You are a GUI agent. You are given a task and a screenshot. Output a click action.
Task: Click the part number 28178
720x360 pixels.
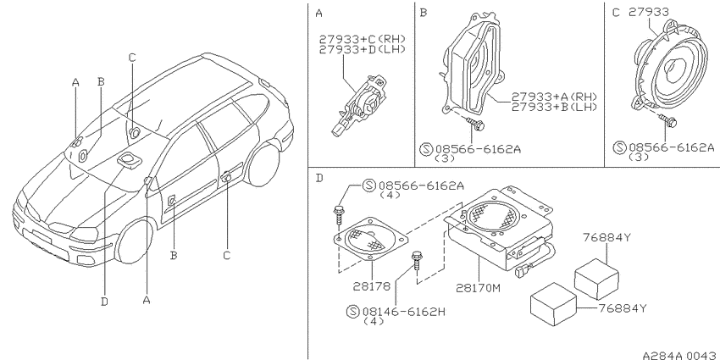372,286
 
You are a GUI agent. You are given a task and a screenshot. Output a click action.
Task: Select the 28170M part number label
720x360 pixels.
478,288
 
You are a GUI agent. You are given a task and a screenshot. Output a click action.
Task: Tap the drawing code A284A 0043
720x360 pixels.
680,356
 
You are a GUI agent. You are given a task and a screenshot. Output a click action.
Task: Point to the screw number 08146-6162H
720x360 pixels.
403,312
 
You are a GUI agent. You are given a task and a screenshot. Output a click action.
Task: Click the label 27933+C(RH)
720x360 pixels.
363,39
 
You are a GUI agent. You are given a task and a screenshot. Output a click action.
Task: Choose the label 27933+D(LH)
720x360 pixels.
363,49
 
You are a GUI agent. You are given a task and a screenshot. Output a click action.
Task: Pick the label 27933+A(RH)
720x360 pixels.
554,97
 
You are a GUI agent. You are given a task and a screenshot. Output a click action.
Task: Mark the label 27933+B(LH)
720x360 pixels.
554,107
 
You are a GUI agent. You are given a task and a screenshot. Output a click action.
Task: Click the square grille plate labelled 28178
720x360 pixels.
370,239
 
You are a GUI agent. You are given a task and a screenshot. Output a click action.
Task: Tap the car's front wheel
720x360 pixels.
134,241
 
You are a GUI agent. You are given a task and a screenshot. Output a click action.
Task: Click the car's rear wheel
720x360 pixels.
263,165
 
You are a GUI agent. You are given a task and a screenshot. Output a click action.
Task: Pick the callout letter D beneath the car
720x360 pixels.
105,302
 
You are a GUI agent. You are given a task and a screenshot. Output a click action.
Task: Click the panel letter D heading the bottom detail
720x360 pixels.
320,178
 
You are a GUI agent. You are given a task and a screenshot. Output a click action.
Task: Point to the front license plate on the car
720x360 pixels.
42,236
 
